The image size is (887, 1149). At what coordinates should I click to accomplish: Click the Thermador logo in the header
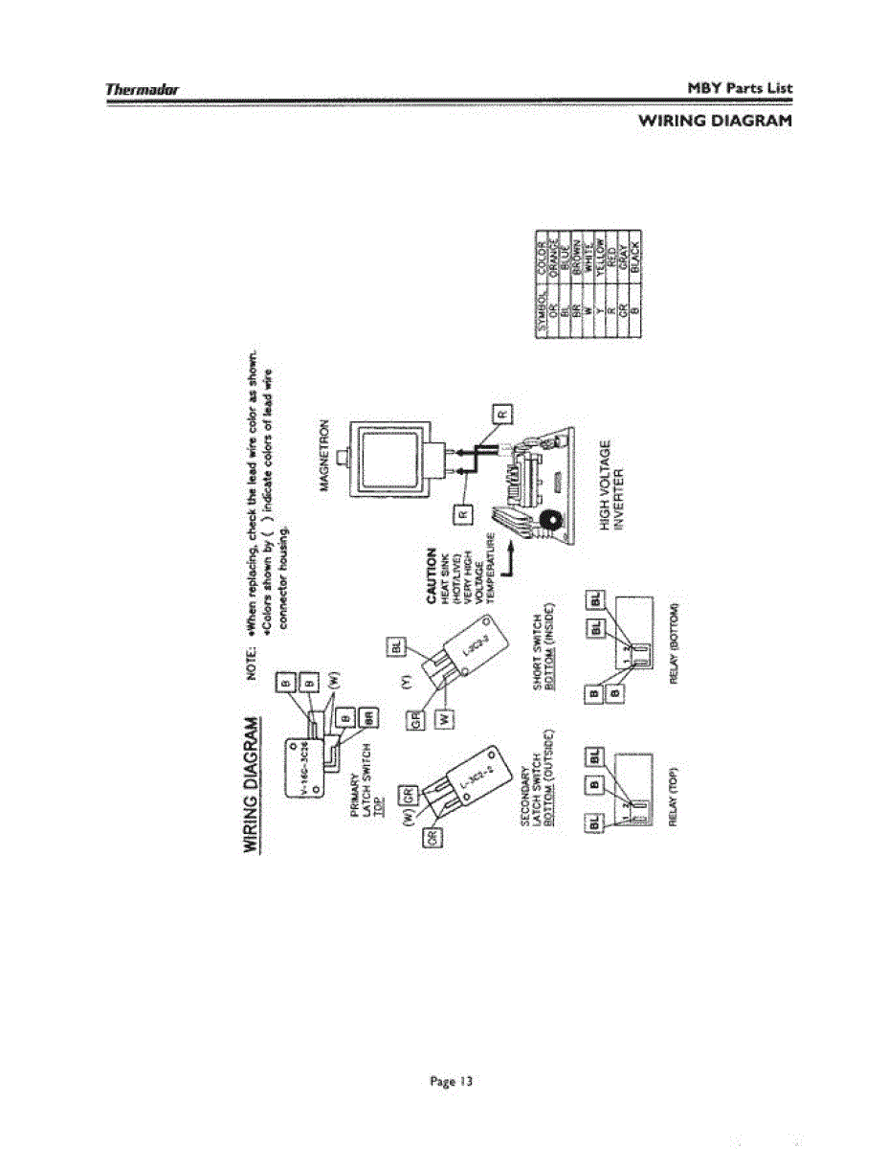144,89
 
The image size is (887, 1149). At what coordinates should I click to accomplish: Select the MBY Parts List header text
740,88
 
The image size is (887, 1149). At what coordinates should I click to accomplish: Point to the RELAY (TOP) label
673,796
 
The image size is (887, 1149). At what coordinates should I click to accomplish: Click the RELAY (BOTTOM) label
673,644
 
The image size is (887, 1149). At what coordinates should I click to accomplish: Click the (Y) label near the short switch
405,683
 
